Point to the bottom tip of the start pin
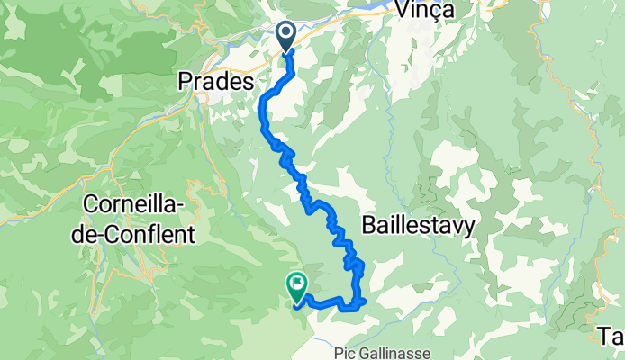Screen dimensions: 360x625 [x=287, y=52]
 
